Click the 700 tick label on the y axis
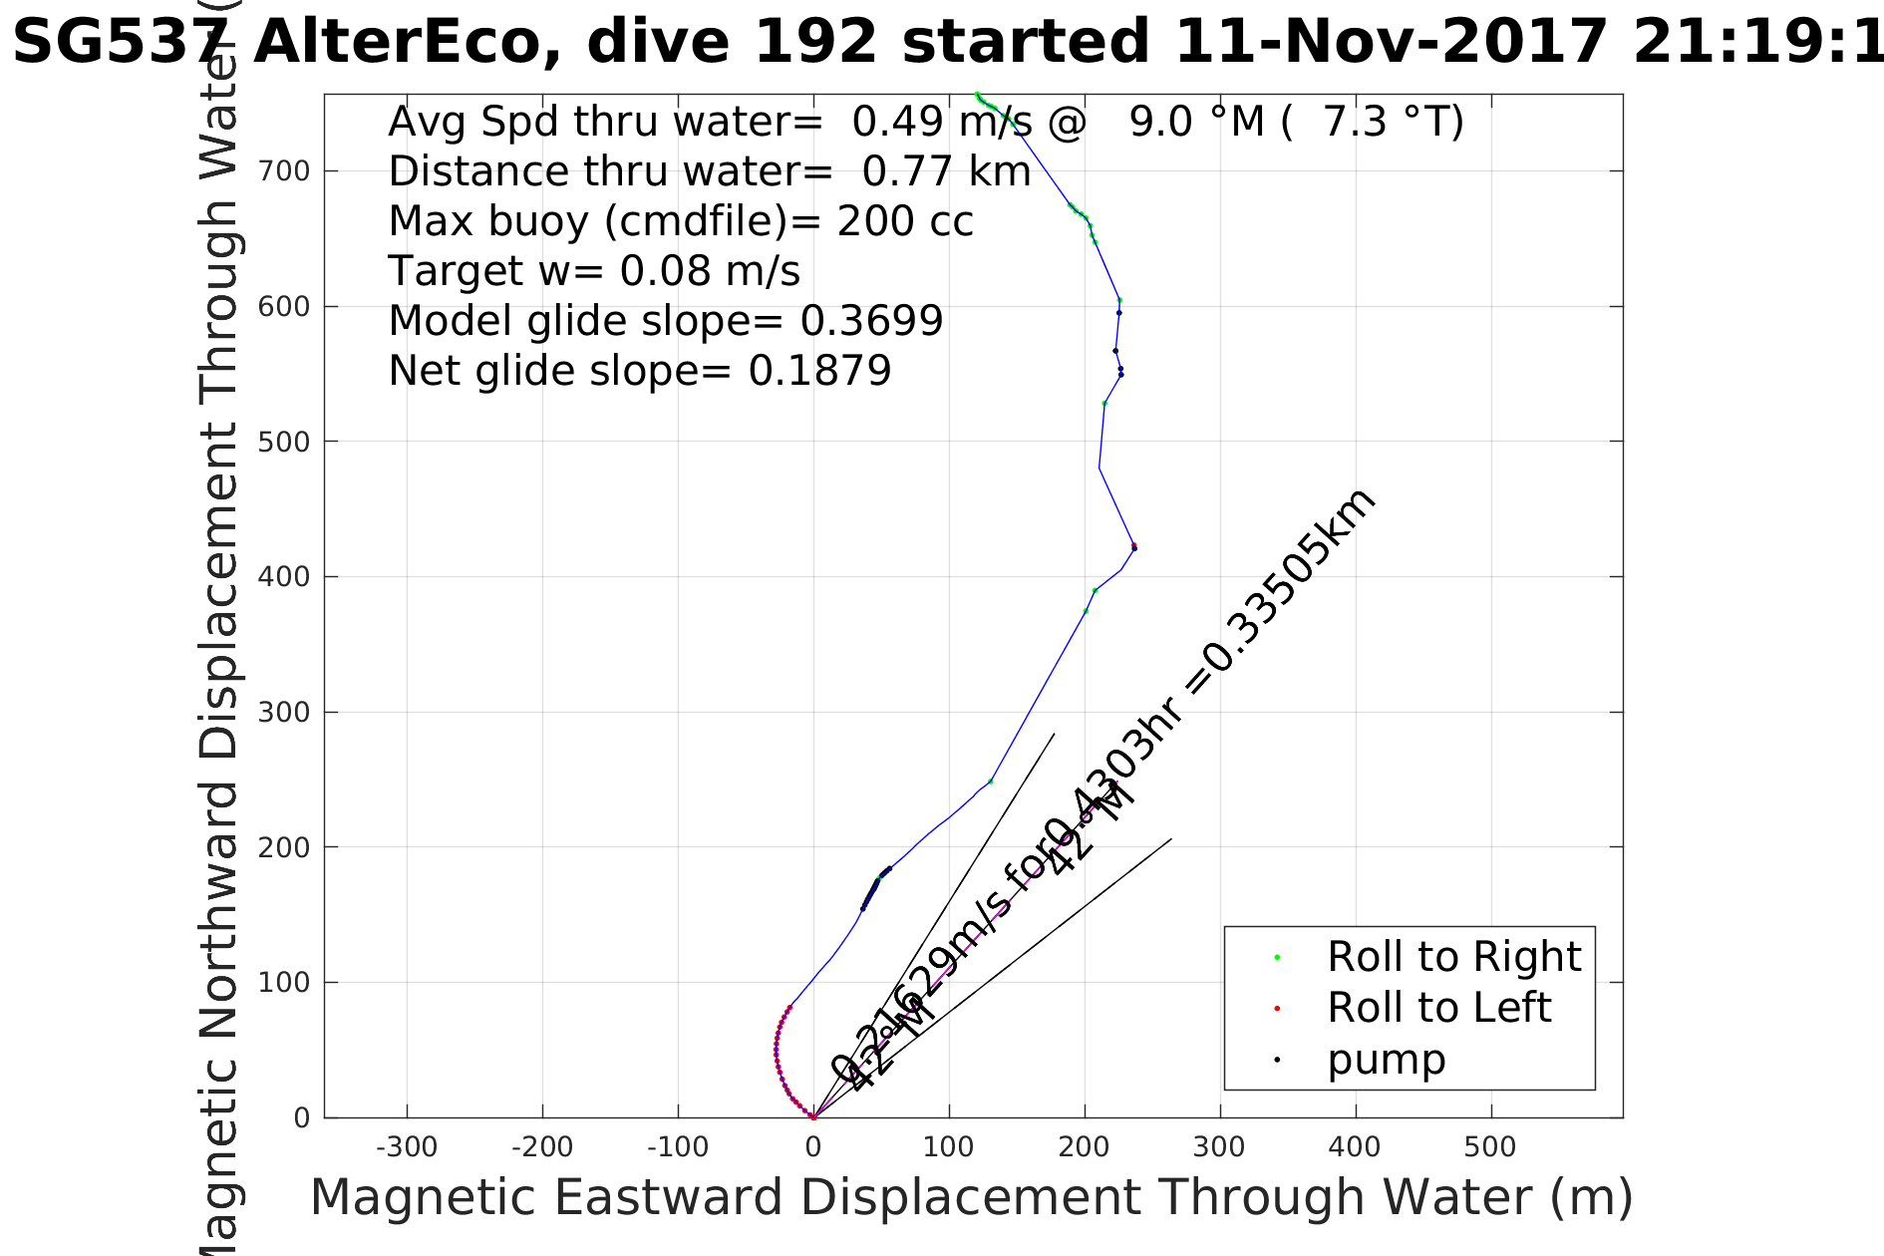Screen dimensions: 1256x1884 click(x=284, y=171)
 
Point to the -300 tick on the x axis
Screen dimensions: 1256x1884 click(x=407, y=1147)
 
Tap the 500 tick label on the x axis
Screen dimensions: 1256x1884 click(x=1491, y=1147)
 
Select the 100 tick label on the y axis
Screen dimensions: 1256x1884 click(x=284, y=983)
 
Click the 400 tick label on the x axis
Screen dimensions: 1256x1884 click(x=1355, y=1147)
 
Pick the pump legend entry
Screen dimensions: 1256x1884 click(x=1386, y=1060)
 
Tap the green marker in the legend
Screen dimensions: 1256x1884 click(x=1277, y=958)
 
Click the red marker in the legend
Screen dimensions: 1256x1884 click(x=1277, y=1009)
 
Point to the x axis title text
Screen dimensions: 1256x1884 click(x=971, y=1197)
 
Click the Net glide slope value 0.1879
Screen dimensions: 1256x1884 click(x=819, y=371)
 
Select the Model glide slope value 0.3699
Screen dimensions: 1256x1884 click(x=871, y=321)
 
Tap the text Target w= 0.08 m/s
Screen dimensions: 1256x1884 click(x=594, y=271)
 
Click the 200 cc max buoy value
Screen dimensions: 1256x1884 click(x=905, y=221)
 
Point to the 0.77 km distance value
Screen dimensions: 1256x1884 click(x=946, y=171)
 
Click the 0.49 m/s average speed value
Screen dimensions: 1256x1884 click(x=942, y=122)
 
